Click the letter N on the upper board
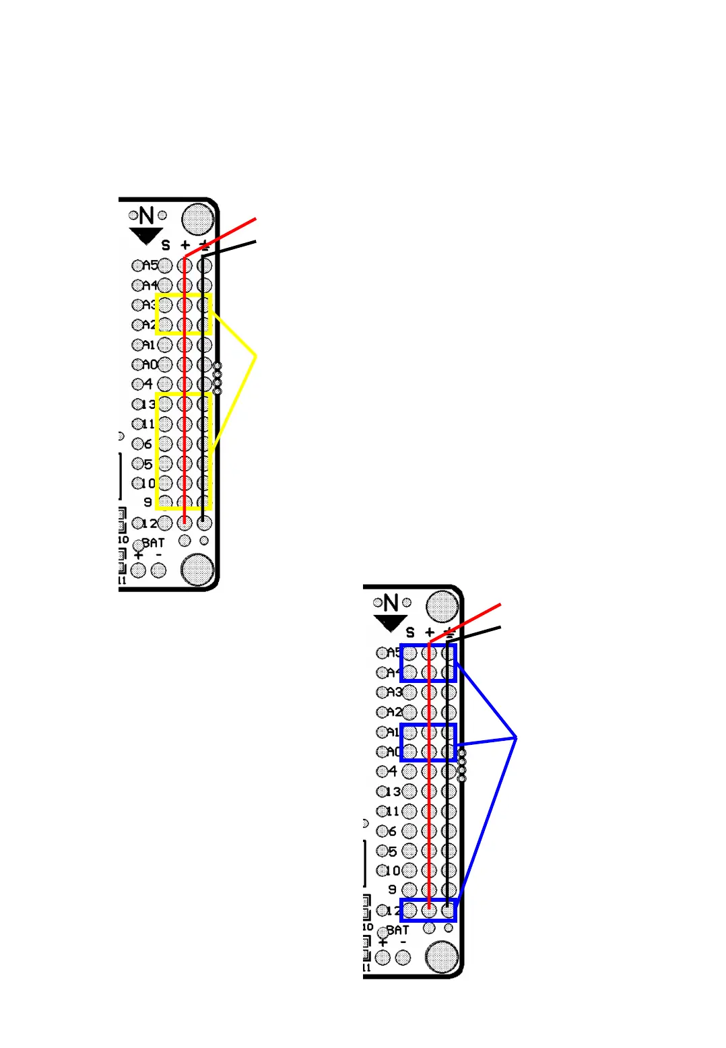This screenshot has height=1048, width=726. pos(146,216)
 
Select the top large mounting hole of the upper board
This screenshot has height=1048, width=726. pos(198,218)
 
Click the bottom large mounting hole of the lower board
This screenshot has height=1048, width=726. pos(442,957)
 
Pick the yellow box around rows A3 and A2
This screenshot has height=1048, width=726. pos(184,314)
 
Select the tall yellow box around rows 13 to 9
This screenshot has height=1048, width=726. pos(184,451)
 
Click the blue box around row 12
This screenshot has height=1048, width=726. pos(428,910)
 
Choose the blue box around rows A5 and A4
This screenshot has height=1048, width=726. pos(428,663)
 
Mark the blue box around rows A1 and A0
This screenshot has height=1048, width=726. pos(428,742)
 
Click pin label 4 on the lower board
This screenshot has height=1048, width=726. pos(392,771)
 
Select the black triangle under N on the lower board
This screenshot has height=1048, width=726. pos(390,623)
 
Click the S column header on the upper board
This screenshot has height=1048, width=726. pos(166,245)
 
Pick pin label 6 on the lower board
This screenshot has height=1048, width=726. pos(392,831)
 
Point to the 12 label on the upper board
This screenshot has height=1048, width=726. pos(150,523)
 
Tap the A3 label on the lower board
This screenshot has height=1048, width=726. pos(394,692)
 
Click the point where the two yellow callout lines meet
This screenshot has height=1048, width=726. pos(256,355)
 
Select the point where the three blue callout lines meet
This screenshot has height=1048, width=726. pos(516,738)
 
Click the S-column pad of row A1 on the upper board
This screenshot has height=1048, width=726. pos(165,345)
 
